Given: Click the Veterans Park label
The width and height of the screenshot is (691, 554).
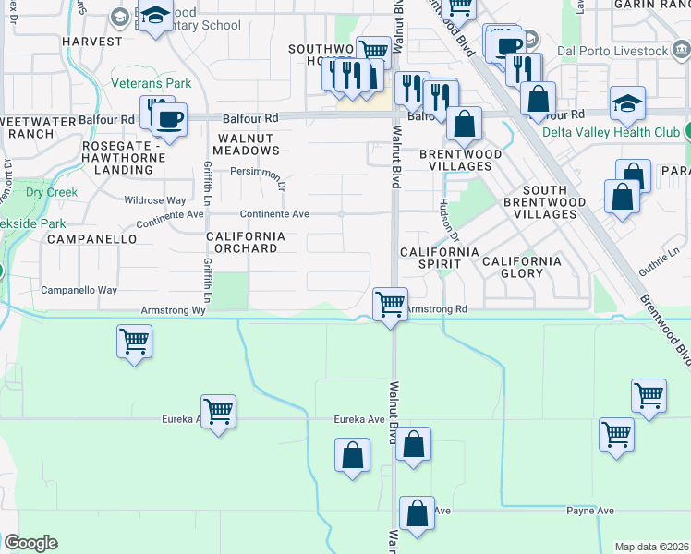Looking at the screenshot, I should point(152,84).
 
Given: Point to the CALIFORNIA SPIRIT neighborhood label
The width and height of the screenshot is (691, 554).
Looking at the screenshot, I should point(439,258).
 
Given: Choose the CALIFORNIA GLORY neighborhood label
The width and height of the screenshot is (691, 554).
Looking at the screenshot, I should point(522,267).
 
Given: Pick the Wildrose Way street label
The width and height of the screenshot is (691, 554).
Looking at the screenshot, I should point(155,200).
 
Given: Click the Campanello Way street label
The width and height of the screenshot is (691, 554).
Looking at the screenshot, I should point(79,290).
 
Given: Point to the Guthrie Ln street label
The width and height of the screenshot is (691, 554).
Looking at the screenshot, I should point(657,263).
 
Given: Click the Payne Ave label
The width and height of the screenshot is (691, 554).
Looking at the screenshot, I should point(590,511).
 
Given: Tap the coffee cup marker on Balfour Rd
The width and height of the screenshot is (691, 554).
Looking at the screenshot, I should point(169,118).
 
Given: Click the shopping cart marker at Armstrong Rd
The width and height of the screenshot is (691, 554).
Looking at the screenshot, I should point(391,303).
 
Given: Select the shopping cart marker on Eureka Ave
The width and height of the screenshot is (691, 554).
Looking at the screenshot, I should point(218,411).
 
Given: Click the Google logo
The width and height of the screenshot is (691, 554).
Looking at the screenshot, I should point(30,543).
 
